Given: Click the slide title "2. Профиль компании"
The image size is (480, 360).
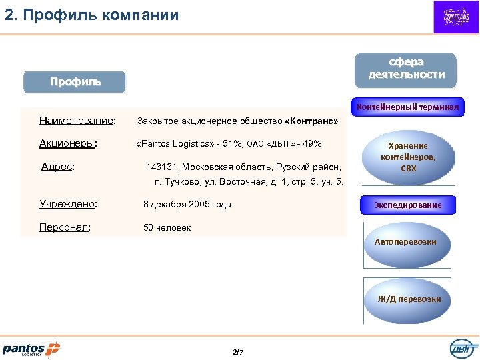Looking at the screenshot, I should [92, 15].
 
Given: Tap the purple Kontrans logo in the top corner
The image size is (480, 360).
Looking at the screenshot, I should [456, 17].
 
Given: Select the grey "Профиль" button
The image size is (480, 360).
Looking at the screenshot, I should [75, 82].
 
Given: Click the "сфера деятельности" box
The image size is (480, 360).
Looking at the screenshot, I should [406, 69].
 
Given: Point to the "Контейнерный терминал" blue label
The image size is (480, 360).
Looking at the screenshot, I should [407, 107].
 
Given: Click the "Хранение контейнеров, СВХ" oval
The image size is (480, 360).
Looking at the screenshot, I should [409, 157].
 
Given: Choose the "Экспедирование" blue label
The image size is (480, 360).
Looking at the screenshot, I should [407, 205].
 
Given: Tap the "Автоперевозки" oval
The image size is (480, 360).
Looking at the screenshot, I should [405, 242].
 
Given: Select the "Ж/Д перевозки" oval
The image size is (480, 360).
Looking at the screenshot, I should [409, 299].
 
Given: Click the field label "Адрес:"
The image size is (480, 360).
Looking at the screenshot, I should [57, 167].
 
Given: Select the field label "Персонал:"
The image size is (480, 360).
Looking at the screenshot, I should [65, 227].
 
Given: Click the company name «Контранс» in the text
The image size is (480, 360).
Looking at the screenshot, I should [311, 122].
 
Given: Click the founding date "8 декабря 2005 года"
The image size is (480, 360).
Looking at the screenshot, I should [187, 204].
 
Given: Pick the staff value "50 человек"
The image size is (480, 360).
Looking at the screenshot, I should [167, 227].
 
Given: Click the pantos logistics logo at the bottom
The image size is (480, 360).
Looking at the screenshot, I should [31, 348].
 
